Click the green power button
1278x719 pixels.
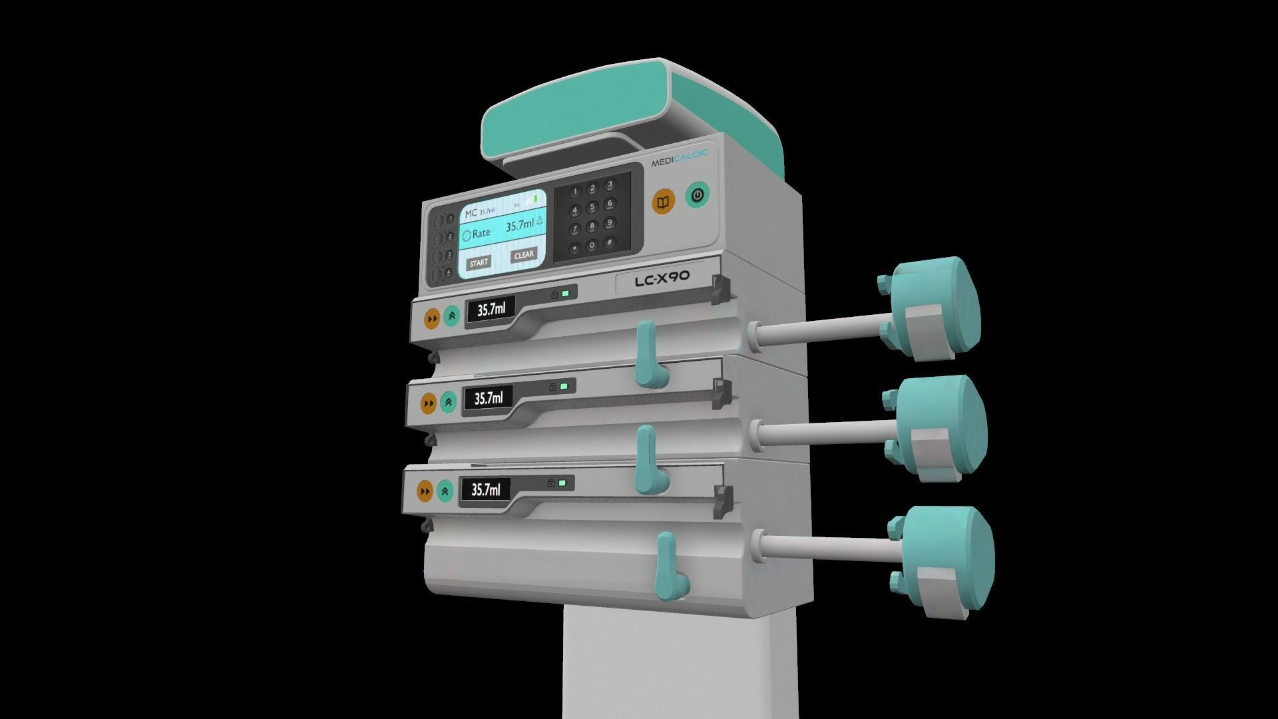[x=697, y=195]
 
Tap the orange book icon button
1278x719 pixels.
[x=663, y=202]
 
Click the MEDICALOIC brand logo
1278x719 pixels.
[x=679, y=160]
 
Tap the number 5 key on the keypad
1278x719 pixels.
[x=592, y=208]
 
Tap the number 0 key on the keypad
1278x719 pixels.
[x=592, y=246]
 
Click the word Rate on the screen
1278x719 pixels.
[x=481, y=233]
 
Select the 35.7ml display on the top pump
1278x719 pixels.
[x=491, y=310]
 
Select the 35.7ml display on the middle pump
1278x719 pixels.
[x=488, y=399]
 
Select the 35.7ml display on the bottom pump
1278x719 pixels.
[x=485, y=490]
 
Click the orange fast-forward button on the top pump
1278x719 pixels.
[x=432, y=319]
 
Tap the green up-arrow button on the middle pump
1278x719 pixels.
[x=449, y=401]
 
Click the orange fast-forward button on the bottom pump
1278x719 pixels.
[x=425, y=492]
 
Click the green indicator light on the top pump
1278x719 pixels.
[x=566, y=293]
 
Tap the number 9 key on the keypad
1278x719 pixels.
[x=608, y=223]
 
